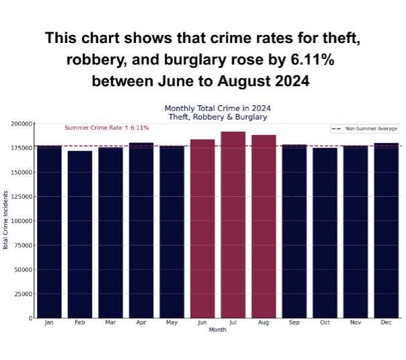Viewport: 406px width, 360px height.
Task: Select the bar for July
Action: [233, 224]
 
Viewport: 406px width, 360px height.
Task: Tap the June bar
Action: [202, 228]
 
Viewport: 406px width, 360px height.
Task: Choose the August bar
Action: [263, 226]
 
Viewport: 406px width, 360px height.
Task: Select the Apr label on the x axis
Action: [141, 323]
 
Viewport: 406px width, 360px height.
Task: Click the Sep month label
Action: [294, 323]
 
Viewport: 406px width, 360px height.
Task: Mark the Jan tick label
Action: [49, 323]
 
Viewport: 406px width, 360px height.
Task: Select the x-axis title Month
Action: [218, 330]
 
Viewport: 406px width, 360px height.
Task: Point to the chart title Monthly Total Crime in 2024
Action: [218, 108]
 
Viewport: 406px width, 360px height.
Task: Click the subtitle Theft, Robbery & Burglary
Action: [218, 117]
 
